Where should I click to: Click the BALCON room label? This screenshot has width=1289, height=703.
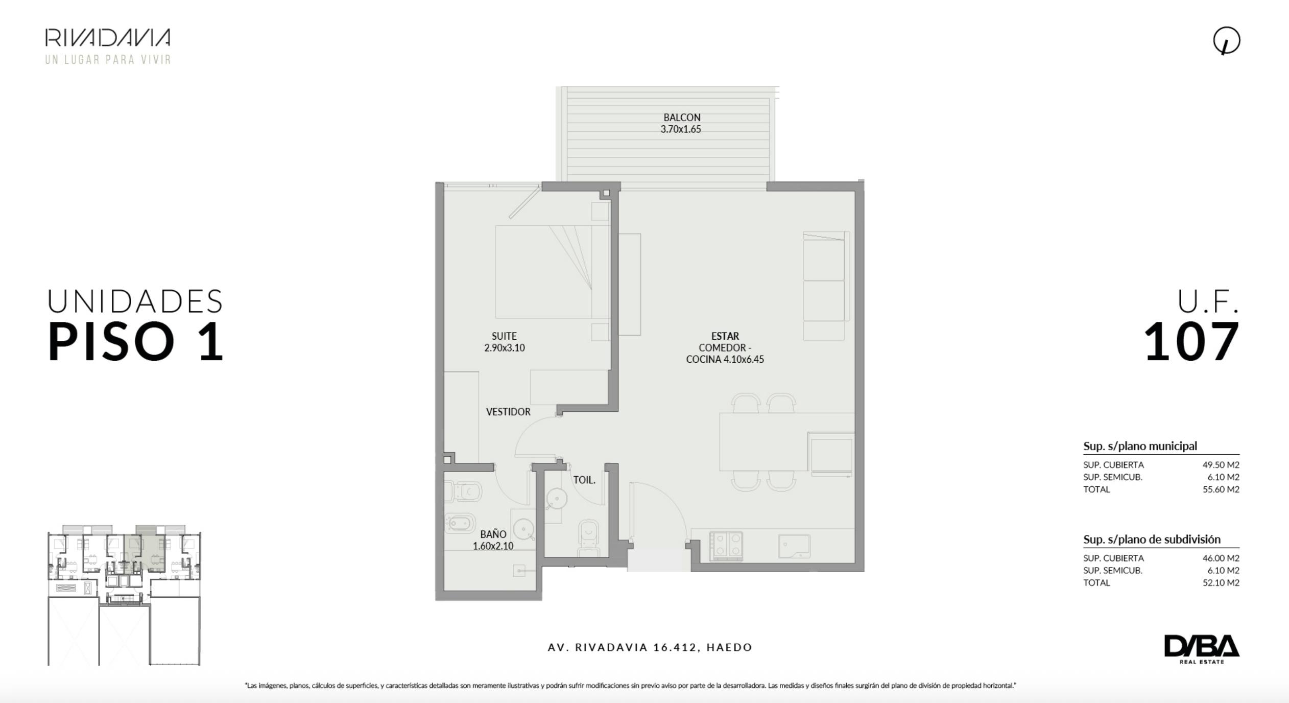[x=681, y=118]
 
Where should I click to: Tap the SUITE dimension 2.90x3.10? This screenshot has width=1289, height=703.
[x=505, y=348]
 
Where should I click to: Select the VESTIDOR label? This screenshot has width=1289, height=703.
[x=508, y=412]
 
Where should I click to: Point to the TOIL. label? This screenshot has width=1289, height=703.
[x=584, y=480]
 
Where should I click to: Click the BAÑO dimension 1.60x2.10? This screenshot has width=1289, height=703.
[x=493, y=546]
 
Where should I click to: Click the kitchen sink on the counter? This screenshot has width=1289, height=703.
[x=794, y=546]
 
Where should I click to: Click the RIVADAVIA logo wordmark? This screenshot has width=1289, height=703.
[x=108, y=38]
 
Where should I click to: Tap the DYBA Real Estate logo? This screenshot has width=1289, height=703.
[x=1202, y=649]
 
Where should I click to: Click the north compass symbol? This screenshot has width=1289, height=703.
[x=1227, y=41]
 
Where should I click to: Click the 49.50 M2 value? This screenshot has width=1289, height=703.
[x=1221, y=465]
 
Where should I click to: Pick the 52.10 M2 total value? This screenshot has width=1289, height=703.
[x=1221, y=582]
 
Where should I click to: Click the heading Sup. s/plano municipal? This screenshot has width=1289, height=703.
[x=1140, y=446]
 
